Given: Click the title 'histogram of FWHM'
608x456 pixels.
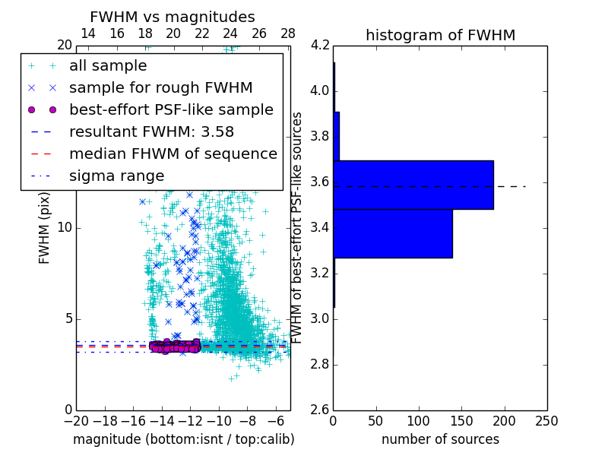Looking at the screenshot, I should pos(440,35).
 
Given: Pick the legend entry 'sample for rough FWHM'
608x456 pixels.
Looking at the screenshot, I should pos(160,88).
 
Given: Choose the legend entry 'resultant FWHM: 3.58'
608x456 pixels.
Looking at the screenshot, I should pos(151,131).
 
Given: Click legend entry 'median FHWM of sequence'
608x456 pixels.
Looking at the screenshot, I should pos(173,154).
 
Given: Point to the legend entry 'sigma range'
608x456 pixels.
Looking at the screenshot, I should pos(116,176).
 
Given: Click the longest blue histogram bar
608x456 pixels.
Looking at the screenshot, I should pos(413,185).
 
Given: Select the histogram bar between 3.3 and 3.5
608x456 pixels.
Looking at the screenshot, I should pos(393,233).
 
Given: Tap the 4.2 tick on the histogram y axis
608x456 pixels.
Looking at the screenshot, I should pos(320,46).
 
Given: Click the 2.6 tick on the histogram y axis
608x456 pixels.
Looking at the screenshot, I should pos(320,410).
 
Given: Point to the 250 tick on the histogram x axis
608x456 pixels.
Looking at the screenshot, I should pos(546,421).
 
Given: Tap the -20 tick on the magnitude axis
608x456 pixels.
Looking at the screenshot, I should pos(76,421).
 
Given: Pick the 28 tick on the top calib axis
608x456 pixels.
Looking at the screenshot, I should pos(288,33).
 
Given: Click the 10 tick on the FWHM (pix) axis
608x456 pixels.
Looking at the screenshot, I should pos(65,228).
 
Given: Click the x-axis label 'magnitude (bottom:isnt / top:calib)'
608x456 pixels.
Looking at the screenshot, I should pos(183,439).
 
